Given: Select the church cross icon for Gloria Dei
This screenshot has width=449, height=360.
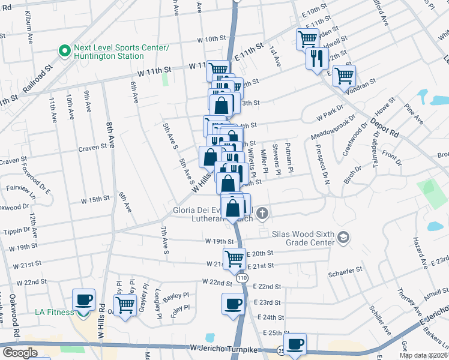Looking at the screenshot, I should pos(262,213).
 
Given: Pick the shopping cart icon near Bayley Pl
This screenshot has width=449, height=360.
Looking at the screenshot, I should pos(125,304).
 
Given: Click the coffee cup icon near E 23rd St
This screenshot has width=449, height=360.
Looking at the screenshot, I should pos(233,304).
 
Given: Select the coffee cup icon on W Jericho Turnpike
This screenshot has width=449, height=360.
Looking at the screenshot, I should pos(294,344).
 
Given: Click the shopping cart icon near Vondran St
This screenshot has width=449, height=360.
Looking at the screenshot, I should pos(345,76).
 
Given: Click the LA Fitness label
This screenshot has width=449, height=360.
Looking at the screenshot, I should pos(54,312).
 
